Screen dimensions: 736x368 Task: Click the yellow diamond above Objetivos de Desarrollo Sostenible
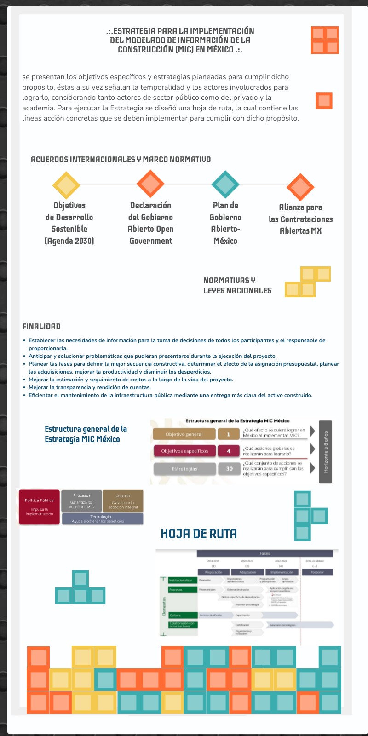pos(67,185)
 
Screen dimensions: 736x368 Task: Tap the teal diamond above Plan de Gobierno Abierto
pos(225,184)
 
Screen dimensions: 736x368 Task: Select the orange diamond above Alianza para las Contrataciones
pos(300,187)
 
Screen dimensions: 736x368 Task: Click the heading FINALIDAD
pos(41,327)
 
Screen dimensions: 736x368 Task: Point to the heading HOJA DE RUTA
pos(199,534)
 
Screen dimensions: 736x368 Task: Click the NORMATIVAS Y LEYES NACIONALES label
pos(237,286)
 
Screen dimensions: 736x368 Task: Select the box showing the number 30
pos(229,469)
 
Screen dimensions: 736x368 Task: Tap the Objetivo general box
pos(184,434)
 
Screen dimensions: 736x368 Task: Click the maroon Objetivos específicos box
pos(184,451)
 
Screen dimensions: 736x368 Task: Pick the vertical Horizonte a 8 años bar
pos(325,452)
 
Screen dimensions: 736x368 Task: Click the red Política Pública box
pos(40,507)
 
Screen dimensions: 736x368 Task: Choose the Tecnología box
pos(102,519)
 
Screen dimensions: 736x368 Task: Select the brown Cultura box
pos(123,501)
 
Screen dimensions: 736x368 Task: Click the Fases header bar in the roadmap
pos(264,553)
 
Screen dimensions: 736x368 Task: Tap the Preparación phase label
pos(213,572)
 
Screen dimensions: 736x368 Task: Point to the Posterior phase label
pos(317,572)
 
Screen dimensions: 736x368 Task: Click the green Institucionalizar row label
pos(179,581)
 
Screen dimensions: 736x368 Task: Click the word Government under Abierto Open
pos(151,241)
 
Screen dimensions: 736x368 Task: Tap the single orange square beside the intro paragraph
pos(324,101)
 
